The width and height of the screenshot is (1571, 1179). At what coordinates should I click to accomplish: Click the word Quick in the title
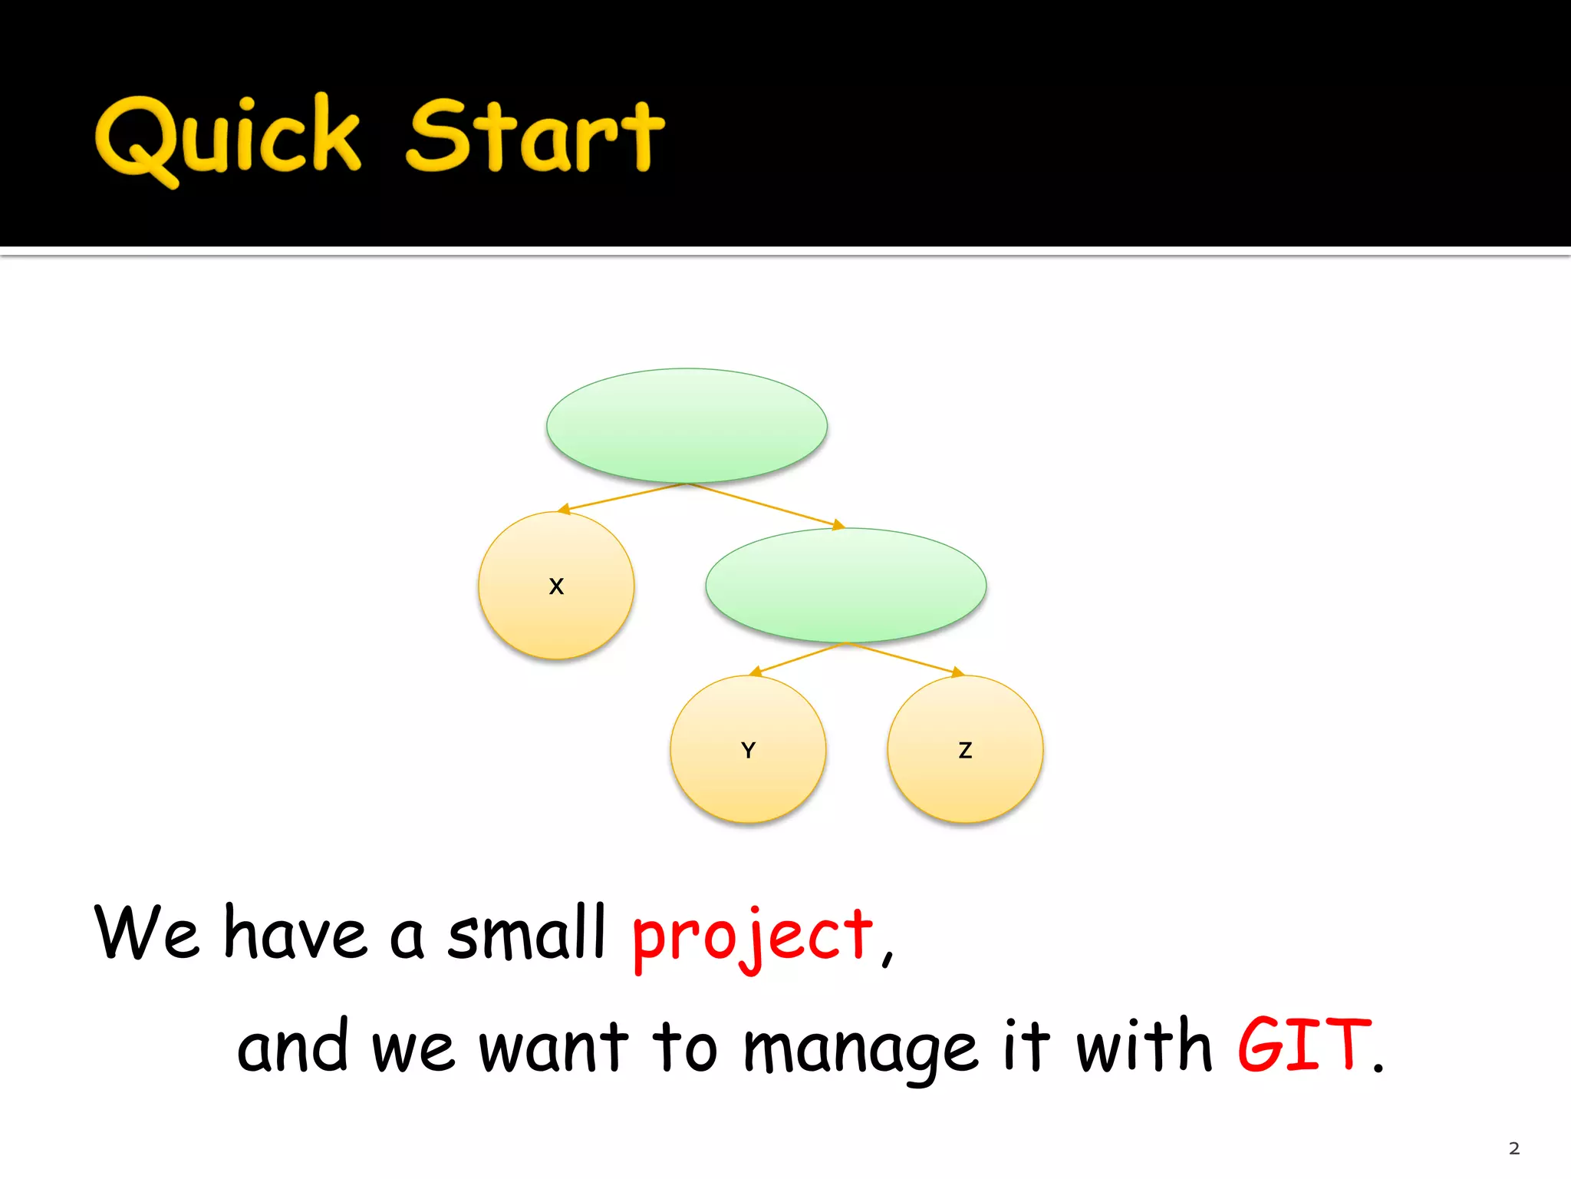point(228,138)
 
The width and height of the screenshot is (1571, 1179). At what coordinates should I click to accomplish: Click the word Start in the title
point(535,138)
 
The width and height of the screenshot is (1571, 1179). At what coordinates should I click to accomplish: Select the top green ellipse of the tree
point(687,425)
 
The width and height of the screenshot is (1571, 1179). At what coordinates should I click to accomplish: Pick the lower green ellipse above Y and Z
point(845,585)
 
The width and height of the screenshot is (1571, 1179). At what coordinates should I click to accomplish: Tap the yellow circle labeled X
point(556,586)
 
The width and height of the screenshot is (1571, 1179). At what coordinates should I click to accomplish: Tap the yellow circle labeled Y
point(748,749)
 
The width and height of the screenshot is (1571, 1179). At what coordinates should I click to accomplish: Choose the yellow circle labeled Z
point(965,749)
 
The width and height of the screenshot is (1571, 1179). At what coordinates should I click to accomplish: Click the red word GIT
point(1304,1045)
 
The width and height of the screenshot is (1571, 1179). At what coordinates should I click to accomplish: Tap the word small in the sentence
point(527,933)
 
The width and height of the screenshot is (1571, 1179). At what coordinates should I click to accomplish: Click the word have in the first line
point(295,933)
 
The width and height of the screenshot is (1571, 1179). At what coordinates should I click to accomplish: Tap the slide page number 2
point(1513,1149)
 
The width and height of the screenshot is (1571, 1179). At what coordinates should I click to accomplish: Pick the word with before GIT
point(1143,1045)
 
